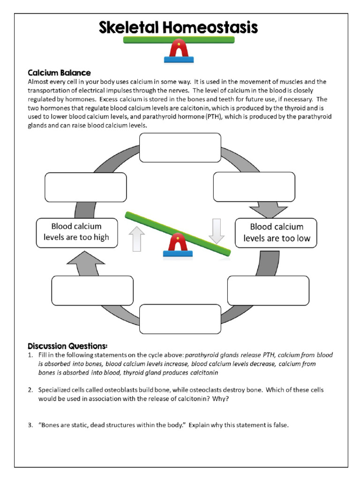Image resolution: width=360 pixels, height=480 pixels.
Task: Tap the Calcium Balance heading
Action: [59, 73]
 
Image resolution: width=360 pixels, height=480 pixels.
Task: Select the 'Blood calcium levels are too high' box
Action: [76, 232]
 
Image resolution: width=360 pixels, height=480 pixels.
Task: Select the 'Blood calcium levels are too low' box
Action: [276, 232]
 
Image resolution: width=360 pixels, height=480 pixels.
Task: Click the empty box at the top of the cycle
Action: [180, 147]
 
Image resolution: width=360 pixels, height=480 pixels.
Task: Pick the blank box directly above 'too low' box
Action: [254, 187]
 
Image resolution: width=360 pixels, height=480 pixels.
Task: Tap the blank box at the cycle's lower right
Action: [268, 291]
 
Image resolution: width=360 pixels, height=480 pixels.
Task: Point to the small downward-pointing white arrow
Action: [217, 231]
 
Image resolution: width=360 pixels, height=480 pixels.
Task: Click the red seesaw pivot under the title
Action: [179, 49]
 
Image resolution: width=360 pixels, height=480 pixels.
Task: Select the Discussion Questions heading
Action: [67, 346]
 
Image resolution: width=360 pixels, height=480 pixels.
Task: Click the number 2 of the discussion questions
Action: [30, 390]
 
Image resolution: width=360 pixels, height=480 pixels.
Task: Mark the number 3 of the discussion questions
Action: [30, 426]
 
